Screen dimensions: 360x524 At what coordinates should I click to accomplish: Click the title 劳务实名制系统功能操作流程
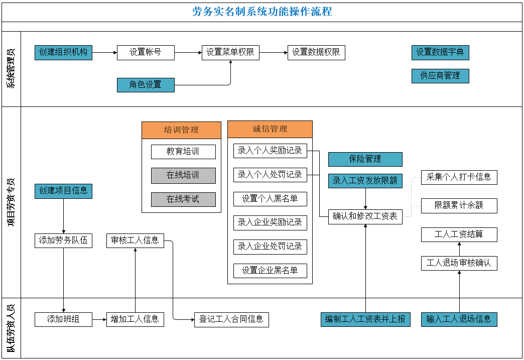(x=262, y=12)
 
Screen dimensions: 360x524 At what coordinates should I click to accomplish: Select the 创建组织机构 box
(x=63, y=52)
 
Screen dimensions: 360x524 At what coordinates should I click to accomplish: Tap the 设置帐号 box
(x=146, y=52)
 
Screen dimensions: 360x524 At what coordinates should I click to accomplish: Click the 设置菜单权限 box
(x=230, y=52)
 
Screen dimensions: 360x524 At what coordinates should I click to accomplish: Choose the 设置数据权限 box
(x=316, y=52)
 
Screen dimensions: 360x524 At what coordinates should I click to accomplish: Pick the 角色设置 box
(x=146, y=84)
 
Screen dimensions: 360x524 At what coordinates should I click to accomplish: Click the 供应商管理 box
(x=440, y=76)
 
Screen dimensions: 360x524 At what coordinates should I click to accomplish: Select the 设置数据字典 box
(x=440, y=52)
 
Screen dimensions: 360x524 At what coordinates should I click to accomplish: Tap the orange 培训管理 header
(x=181, y=130)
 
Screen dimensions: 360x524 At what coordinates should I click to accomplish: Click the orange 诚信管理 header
(x=270, y=129)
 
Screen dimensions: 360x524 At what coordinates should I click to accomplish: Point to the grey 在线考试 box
(x=183, y=199)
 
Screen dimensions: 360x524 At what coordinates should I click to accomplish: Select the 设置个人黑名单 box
(x=270, y=199)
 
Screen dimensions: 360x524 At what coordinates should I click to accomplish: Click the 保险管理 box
(x=365, y=159)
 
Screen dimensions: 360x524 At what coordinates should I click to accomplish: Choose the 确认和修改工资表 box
(x=365, y=216)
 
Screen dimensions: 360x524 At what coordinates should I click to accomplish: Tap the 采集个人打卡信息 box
(x=459, y=177)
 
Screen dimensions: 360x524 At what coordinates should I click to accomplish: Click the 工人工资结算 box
(x=459, y=234)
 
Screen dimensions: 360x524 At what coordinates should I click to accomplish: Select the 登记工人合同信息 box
(x=231, y=319)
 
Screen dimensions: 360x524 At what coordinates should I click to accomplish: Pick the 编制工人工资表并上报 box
(x=365, y=319)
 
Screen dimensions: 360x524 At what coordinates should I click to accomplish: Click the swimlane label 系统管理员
(x=11, y=69)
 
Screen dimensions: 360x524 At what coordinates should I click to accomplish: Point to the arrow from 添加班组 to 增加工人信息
(x=99, y=319)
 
